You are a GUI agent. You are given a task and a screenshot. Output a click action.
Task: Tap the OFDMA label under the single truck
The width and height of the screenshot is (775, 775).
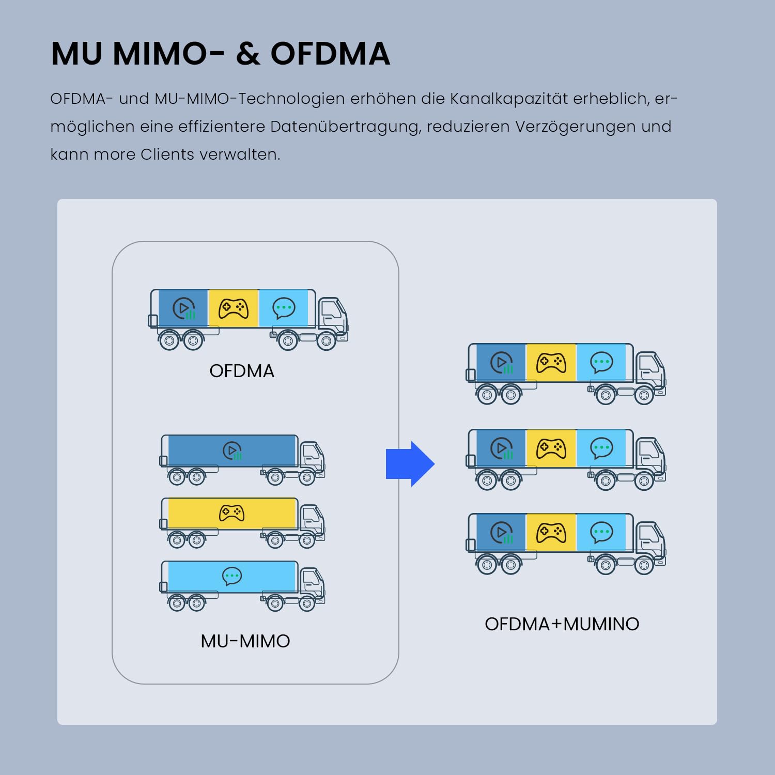pos(242,371)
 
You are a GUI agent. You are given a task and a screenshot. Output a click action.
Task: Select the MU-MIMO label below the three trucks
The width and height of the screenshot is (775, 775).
pos(245,641)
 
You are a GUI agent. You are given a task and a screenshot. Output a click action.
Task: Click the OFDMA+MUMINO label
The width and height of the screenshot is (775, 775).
pos(562,624)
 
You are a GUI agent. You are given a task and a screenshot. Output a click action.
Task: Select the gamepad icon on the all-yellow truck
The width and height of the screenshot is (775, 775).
pos(232,513)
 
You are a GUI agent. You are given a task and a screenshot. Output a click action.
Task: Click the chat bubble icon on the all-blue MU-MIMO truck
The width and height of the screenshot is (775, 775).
pos(232,576)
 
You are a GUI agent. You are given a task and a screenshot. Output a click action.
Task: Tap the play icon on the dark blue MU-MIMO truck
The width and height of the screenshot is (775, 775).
pos(233,451)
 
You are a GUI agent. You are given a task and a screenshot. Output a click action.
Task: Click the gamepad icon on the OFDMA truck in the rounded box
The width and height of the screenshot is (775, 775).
pos(234,308)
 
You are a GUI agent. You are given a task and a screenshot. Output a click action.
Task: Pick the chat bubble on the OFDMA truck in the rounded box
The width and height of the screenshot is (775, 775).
pos(284,308)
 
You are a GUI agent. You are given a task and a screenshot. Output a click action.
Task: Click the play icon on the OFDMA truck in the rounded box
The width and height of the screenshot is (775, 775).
pos(183,308)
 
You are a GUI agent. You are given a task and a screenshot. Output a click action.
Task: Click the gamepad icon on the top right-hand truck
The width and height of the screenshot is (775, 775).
pos(551,363)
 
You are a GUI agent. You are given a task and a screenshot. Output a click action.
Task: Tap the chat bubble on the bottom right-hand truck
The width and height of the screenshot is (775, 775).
pos(601,532)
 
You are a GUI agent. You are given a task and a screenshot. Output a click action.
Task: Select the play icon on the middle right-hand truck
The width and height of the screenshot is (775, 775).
pos(501,448)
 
